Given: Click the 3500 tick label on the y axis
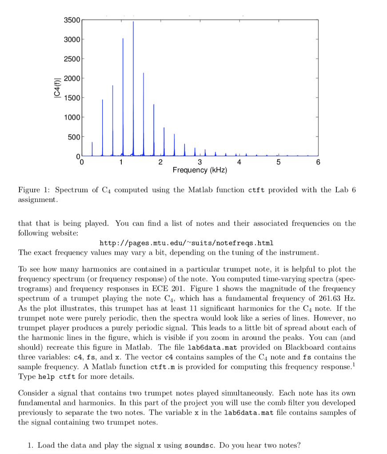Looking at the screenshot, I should tap(72, 20).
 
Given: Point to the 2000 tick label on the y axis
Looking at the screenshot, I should tap(72, 78).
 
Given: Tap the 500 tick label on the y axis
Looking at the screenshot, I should tap(74, 137).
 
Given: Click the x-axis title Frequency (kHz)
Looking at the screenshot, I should tap(199, 170).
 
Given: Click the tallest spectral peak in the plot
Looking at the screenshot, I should tap(133, 22).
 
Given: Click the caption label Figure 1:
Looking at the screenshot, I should tap(35, 190).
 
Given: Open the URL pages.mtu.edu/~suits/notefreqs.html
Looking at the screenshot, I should tap(186, 243).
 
